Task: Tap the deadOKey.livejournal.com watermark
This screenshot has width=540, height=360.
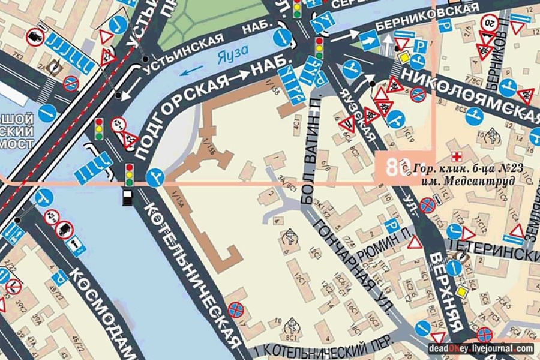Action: coord(480,348)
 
